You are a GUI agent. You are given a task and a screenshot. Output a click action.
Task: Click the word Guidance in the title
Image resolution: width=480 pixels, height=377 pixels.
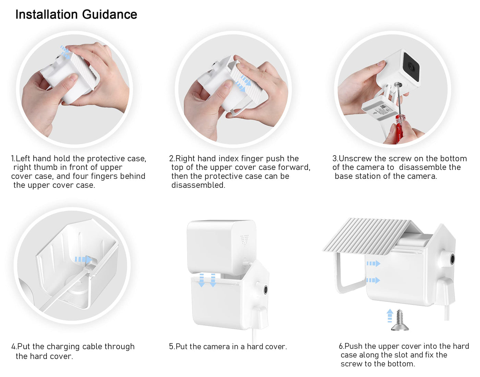(110, 15)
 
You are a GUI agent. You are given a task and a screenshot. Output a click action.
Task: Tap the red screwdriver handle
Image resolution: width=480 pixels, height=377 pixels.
(399, 128)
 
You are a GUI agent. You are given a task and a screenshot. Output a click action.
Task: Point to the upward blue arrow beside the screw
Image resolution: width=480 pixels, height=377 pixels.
(389, 315)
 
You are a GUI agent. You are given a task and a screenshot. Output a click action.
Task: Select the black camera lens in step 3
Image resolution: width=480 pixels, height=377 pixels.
(411, 66)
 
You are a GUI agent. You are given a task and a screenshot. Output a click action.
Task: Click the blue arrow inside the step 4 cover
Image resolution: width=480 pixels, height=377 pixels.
(83, 259)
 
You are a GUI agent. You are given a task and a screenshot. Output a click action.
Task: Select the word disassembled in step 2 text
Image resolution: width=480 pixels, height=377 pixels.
(198, 185)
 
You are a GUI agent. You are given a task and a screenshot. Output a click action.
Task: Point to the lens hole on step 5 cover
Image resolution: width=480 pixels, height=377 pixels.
(265, 289)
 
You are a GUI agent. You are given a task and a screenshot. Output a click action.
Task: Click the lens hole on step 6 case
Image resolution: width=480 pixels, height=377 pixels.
(452, 259)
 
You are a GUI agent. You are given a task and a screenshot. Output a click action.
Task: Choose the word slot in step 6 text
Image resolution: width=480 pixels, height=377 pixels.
(400, 355)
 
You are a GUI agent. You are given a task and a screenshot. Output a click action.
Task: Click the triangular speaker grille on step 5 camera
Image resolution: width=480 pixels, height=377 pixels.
(244, 240)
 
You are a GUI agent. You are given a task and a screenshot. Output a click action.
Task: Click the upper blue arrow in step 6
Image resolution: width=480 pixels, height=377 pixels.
(373, 263)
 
